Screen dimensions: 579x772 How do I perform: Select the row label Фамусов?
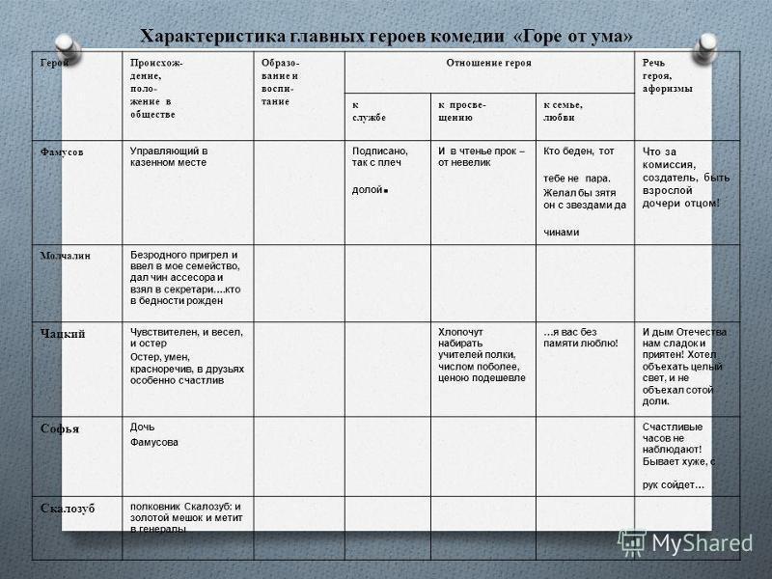[x=61, y=152]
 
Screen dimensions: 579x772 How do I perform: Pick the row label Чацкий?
[x=63, y=334]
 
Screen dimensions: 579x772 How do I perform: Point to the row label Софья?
[x=59, y=427]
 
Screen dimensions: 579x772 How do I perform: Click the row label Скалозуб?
[x=68, y=508]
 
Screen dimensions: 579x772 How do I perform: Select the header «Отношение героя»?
[x=488, y=63]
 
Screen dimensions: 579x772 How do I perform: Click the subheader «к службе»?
[x=368, y=110]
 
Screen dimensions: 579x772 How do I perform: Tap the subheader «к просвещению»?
[x=462, y=110]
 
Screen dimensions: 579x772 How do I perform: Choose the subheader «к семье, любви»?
[x=565, y=110]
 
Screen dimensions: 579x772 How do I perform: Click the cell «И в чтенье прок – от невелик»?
[x=481, y=157]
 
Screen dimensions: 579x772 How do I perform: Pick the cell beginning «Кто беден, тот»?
[x=584, y=192]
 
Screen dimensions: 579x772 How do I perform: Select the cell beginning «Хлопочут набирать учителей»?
[x=482, y=354]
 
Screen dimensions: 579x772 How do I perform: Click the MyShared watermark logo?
[x=685, y=543]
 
